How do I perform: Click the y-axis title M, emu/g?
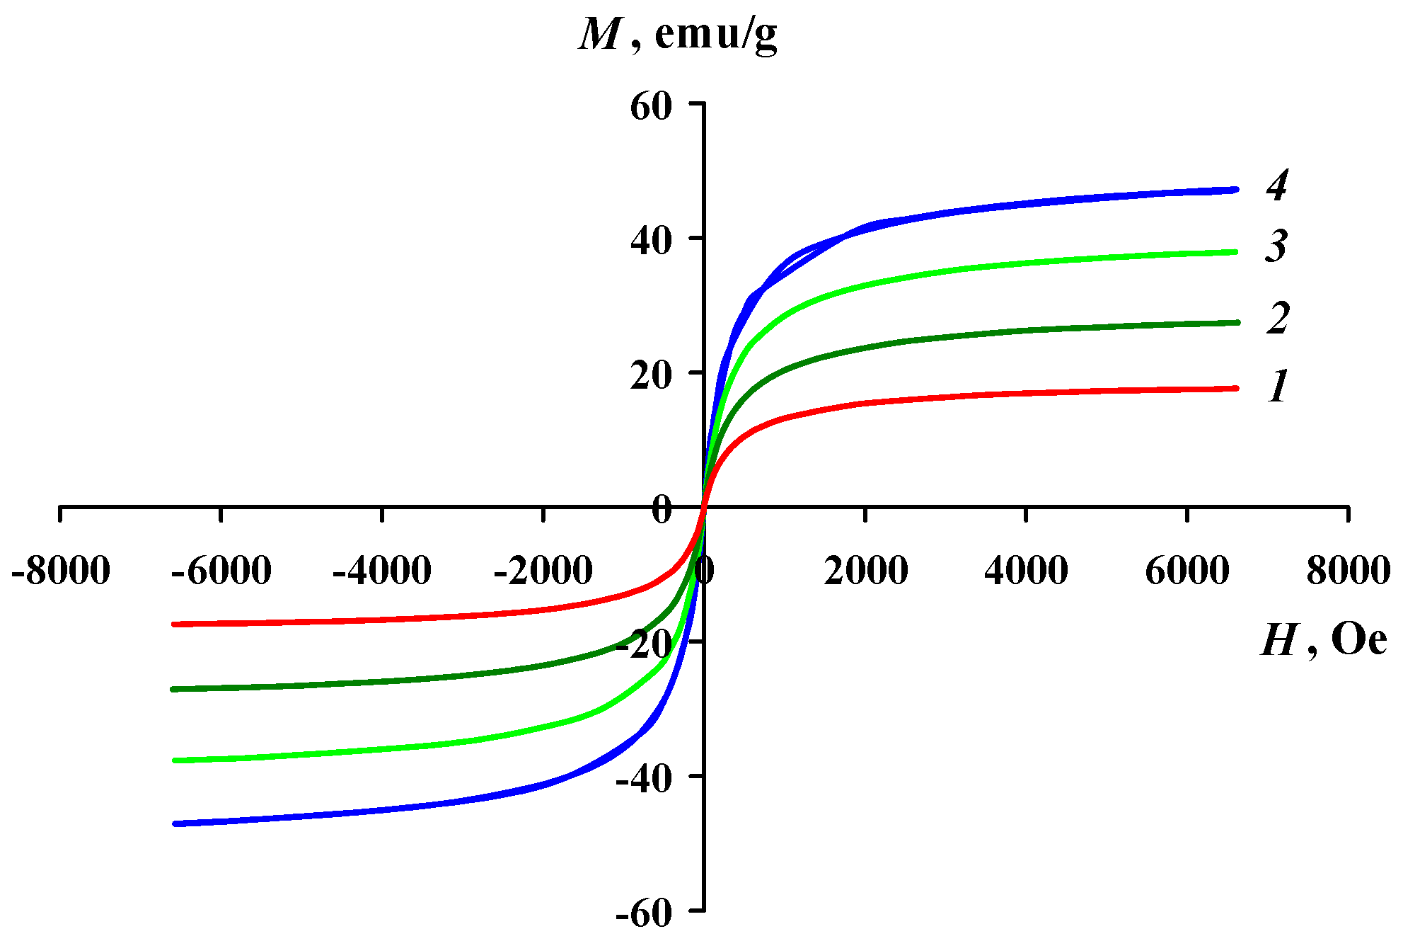[678, 34]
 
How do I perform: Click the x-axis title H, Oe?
[1322, 641]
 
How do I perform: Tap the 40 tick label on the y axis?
[649, 241]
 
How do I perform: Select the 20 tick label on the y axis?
[649, 375]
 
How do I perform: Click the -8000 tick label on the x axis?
[61, 571]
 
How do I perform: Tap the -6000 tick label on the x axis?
[221, 571]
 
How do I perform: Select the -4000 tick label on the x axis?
[382, 571]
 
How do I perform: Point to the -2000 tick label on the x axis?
[543, 571]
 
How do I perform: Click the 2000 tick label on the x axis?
[865, 571]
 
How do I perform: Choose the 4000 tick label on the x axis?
[1026, 571]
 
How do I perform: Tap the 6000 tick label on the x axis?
[1187, 571]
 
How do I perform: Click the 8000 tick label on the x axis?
[1348, 571]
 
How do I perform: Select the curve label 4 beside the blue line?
[1277, 186]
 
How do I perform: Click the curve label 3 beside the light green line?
[1276, 246]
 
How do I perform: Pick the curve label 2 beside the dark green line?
[1278, 318]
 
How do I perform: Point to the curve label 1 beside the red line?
[1278, 387]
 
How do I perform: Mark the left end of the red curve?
[175, 624]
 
